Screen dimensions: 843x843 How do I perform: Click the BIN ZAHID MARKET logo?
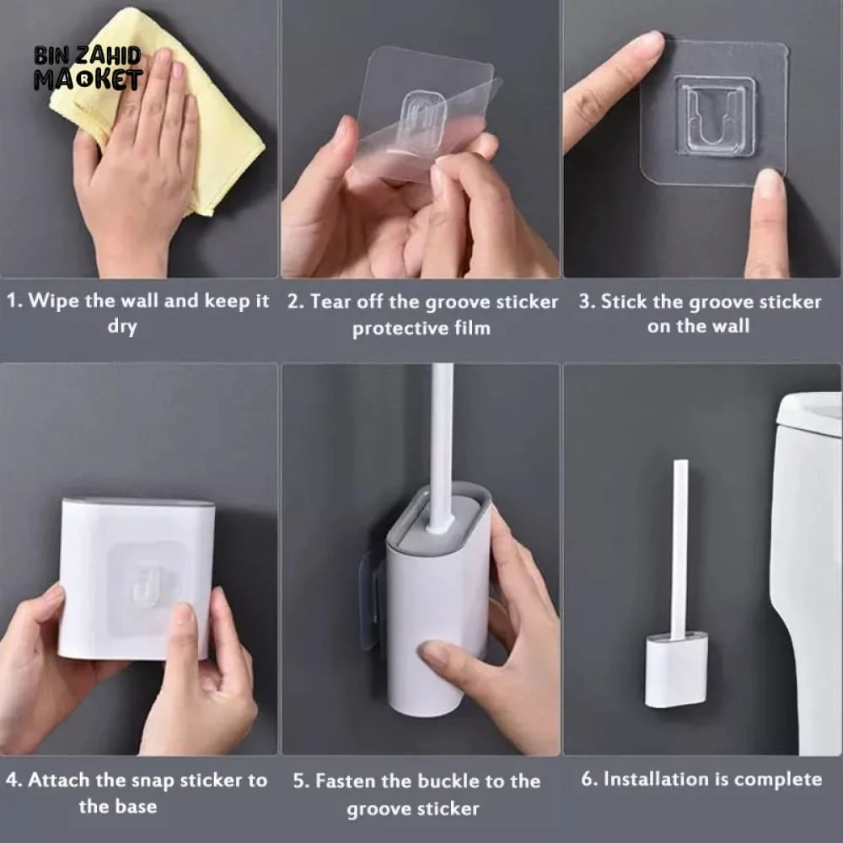[88, 68]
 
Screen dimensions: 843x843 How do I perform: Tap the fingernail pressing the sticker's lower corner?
[769, 184]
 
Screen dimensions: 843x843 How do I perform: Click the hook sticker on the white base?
[148, 582]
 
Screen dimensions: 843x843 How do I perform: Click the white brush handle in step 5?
[440, 438]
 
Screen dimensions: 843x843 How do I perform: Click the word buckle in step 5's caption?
[445, 781]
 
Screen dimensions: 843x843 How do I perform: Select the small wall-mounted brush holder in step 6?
[676, 670]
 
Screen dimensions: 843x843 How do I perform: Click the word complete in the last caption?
[777, 779]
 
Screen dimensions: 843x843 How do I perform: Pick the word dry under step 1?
[121, 327]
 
